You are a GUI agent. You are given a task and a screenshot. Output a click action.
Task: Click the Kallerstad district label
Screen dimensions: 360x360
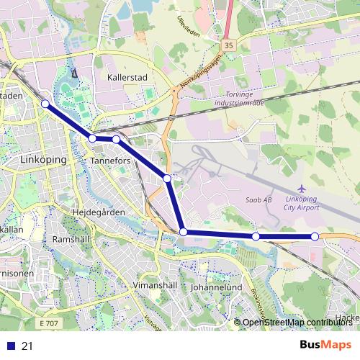127,75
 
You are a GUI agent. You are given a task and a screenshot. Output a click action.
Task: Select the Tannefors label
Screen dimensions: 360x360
112,161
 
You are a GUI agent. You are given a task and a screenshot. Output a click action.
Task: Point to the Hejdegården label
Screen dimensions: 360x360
99,212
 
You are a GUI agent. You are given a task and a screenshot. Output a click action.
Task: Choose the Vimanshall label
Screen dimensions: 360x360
156,285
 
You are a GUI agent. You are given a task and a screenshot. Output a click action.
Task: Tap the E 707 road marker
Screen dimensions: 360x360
49,324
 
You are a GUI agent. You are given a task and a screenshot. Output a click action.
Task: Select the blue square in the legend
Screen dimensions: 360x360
10,346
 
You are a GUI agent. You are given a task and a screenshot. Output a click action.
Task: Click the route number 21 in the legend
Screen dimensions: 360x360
28,346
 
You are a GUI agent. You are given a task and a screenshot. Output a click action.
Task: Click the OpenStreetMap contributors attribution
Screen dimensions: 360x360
296,323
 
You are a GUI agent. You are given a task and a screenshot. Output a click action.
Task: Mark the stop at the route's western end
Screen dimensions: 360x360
45,104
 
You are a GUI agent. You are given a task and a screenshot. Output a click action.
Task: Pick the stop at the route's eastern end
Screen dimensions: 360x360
315,236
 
